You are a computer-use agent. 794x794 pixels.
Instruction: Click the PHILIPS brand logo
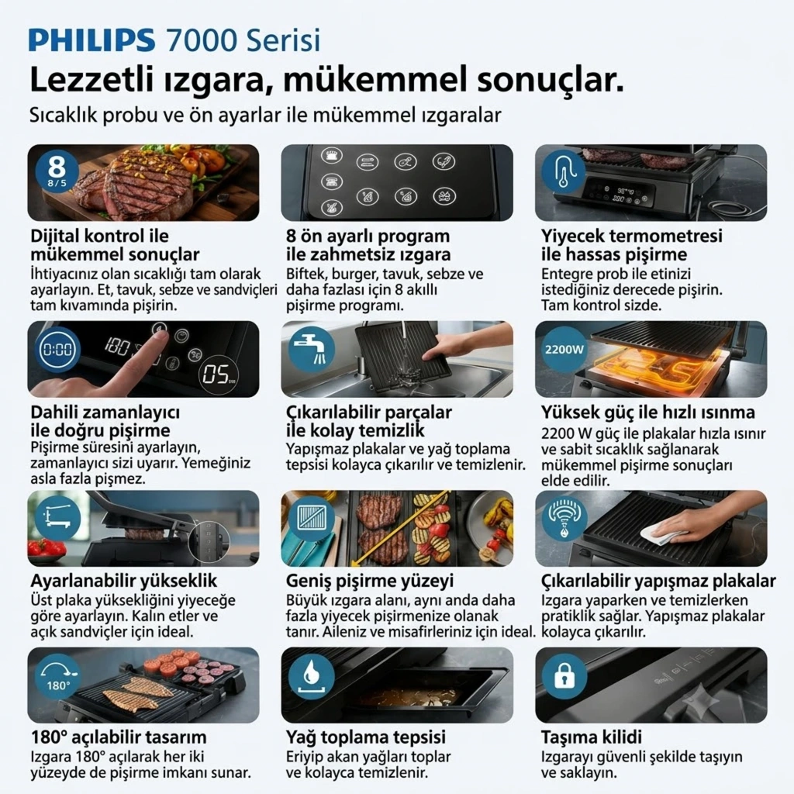pos(91,40)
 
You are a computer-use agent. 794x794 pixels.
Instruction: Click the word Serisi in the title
pos(283,40)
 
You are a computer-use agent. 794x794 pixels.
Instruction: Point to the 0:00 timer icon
pos(57,350)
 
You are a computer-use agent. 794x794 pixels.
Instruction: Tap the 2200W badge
pos(564,350)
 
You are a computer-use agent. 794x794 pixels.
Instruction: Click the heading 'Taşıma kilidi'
pos(591,737)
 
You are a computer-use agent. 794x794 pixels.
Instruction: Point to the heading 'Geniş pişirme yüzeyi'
pos(370,581)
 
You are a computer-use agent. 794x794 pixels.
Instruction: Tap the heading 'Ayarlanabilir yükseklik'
pos(124,580)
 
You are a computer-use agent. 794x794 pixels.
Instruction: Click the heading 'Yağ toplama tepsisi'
pos(366,737)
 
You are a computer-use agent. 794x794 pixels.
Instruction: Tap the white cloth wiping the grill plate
pos(656,535)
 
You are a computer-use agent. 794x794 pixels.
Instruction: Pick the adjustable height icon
pos(57,519)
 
